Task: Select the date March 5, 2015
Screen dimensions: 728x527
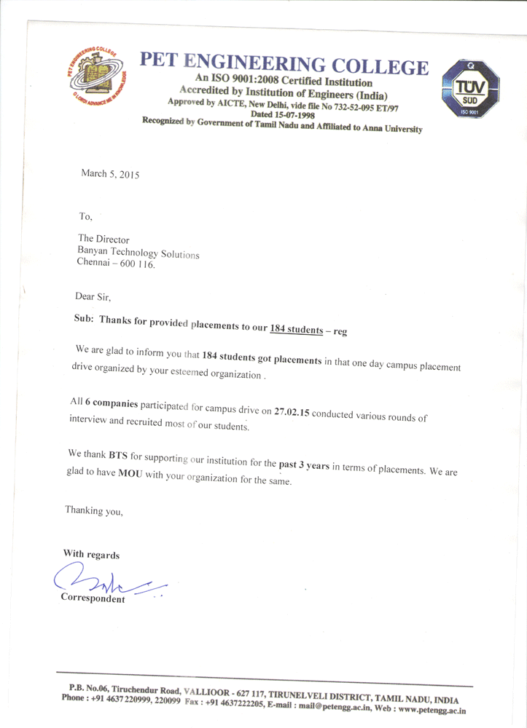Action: (109, 174)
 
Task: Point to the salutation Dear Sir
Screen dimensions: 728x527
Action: (93, 297)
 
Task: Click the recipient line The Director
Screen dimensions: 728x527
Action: (104, 238)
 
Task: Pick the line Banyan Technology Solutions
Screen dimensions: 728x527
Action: (138, 252)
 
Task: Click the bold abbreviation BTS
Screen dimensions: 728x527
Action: (118, 457)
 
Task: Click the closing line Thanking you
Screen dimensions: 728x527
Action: (94, 510)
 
